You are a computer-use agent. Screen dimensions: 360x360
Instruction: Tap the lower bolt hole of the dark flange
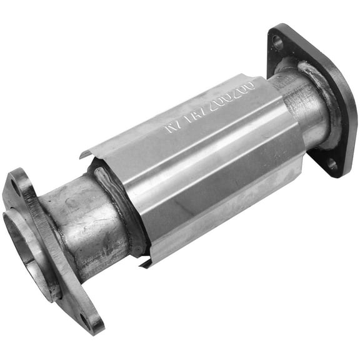click(x=331, y=164)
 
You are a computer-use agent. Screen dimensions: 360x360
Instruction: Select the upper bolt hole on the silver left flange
click(x=13, y=185)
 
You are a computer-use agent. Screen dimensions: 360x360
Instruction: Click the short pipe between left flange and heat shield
click(x=81, y=225)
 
